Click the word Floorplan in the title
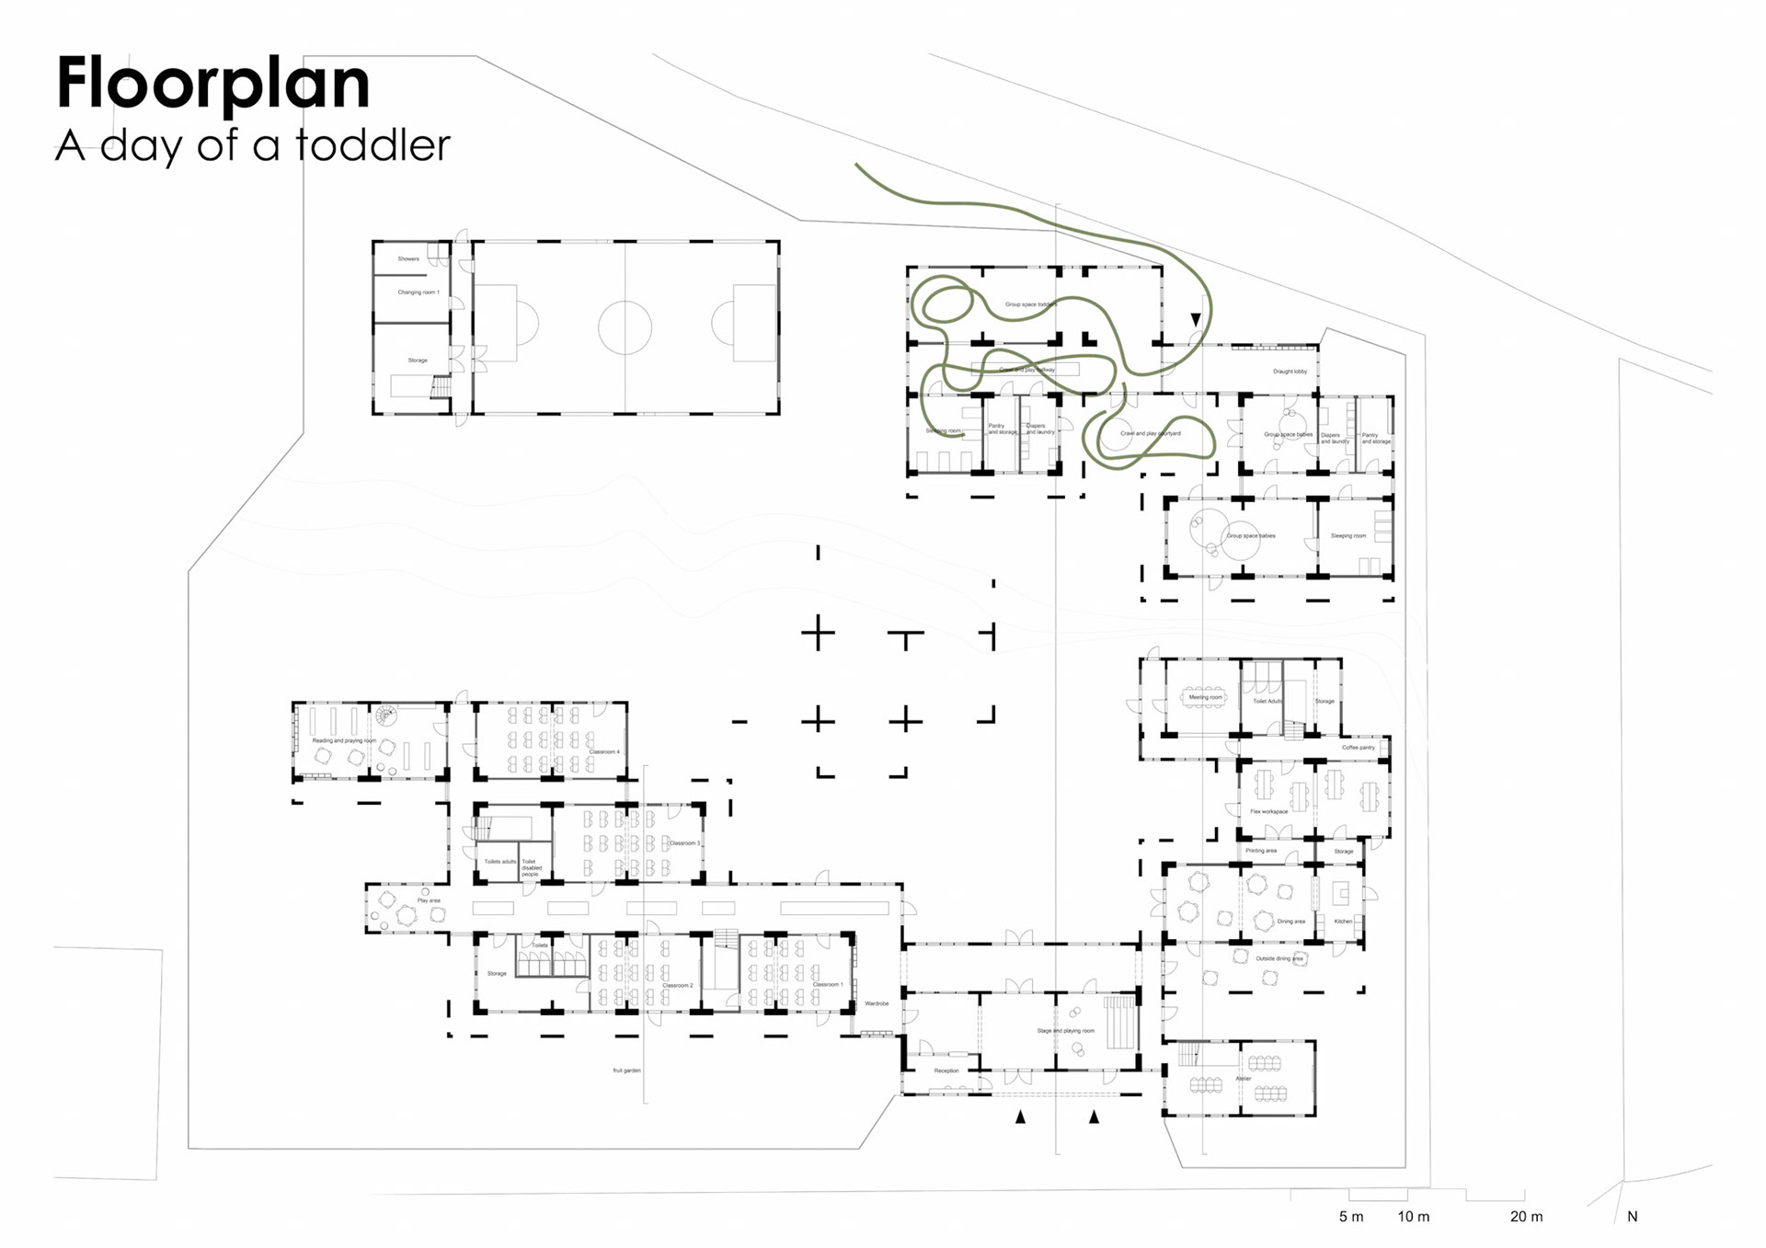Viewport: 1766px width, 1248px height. (213, 84)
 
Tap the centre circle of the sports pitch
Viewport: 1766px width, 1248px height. (625, 327)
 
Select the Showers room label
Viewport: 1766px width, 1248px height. (408, 259)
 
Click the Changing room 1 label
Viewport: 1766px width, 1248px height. (419, 292)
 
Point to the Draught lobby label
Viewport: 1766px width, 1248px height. (1290, 372)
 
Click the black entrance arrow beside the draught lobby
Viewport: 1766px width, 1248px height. (1196, 319)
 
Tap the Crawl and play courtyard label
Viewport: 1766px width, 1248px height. (1150, 433)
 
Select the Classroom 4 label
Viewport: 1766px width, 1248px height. (604, 752)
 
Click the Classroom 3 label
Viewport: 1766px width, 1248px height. (684, 843)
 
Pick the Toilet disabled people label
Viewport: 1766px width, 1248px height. (532, 867)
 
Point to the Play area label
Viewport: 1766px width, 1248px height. (429, 900)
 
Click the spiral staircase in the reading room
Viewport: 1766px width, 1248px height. (386, 713)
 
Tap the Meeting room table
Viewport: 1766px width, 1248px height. (1205, 697)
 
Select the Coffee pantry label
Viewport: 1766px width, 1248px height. (1358, 748)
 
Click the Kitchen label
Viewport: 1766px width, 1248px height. (1343, 921)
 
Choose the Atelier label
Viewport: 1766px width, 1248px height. (1244, 1079)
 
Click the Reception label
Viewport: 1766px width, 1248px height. (946, 1071)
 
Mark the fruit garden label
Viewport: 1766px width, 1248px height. (626, 1071)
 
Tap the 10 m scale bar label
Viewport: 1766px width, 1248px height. (1414, 1217)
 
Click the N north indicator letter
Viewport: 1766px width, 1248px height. (1633, 1217)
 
